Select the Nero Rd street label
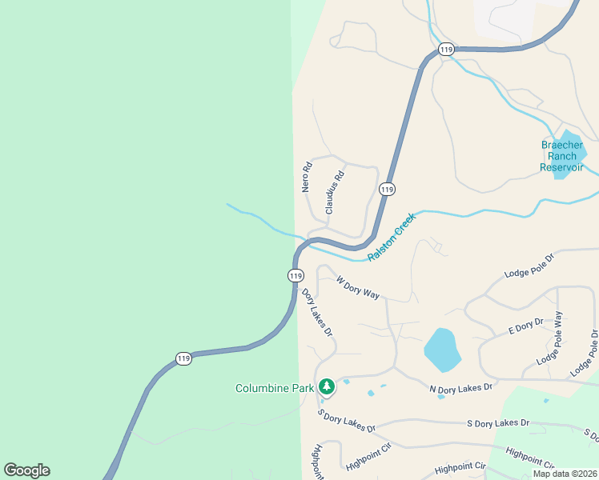tap(306, 178)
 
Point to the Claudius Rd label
tap(335, 192)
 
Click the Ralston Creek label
tap(392, 237)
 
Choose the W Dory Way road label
tap(357, 288)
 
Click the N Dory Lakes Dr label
tap(460, 388)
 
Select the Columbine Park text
tap(274, 388)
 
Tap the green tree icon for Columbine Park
tap(326, 387)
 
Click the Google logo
tap(26, 470)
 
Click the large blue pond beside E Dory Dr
tap(440, 350)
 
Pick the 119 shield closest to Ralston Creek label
tap(387, 189)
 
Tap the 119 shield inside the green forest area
tap(183, 358)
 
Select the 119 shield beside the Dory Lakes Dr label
tap(295, 275)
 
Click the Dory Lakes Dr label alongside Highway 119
tap(317, 312)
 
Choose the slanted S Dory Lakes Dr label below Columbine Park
tap(346, 421)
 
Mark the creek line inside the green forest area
tap(256, 218)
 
